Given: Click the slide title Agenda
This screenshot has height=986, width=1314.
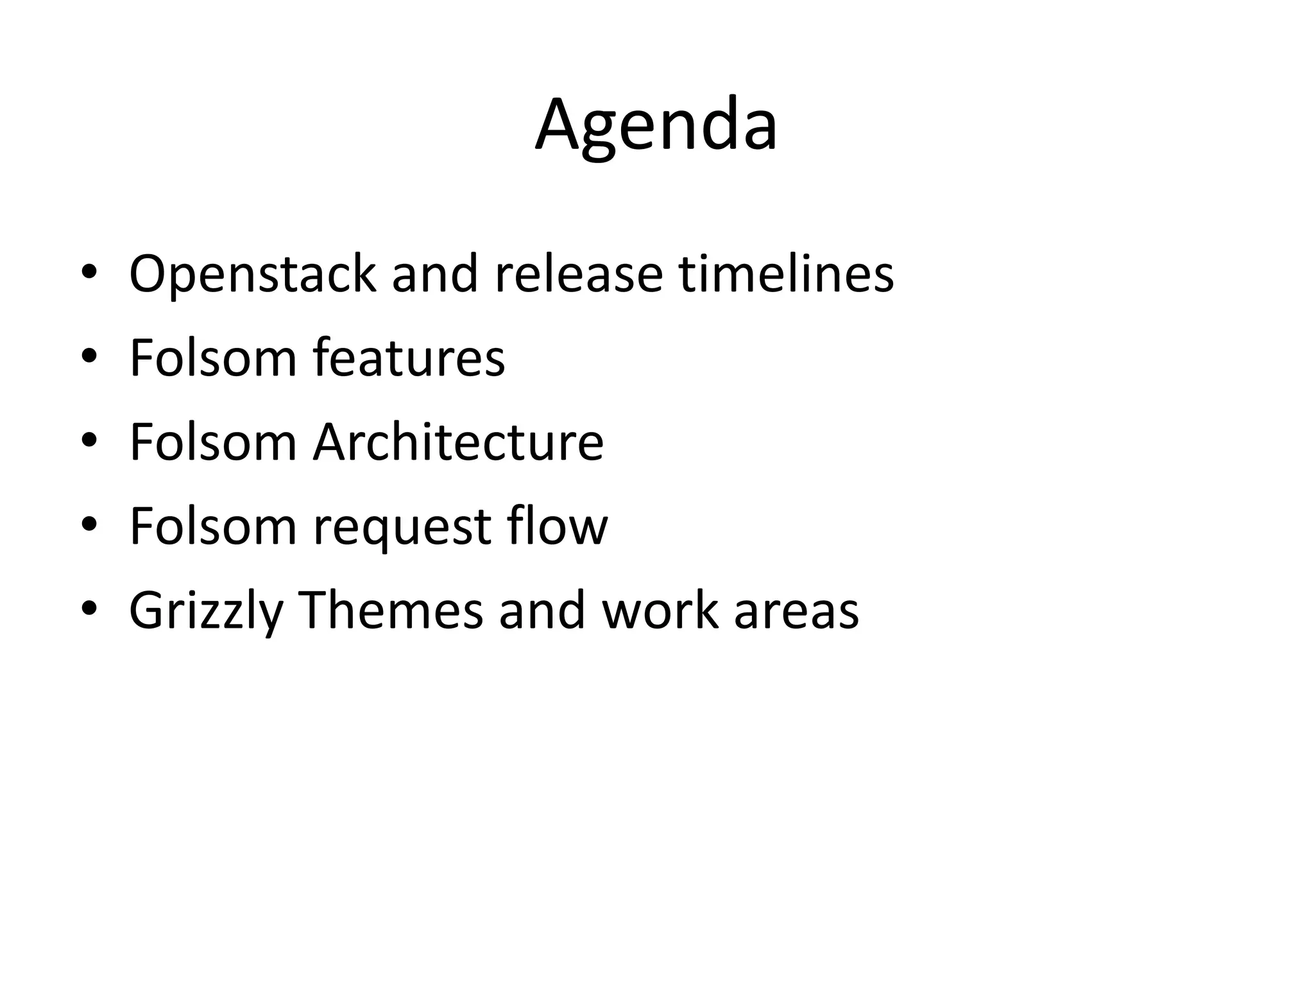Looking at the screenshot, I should pyautogui.click(x=656, y=125).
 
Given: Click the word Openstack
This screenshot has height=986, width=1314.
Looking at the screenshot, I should pyautogui.click(x=252, y=274).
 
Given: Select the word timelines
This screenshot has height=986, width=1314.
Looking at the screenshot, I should pyautogui.click(x=787, y=274).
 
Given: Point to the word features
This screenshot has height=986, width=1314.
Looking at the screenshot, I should pyautogui.click(x=409, y=358).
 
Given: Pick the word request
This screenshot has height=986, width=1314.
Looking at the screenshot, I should pyautogui.click(x=401, y=526).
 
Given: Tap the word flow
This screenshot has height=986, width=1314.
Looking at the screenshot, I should pyautogui.click(x=558, y=526).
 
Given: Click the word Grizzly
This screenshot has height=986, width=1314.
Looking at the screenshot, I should pyautogui.click(x=206, y=610).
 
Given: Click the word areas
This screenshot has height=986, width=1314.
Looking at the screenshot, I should pyautogui.click(x=796, y=610).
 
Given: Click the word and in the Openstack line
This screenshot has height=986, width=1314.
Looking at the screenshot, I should pyautogui.click(x=435, y=274).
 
